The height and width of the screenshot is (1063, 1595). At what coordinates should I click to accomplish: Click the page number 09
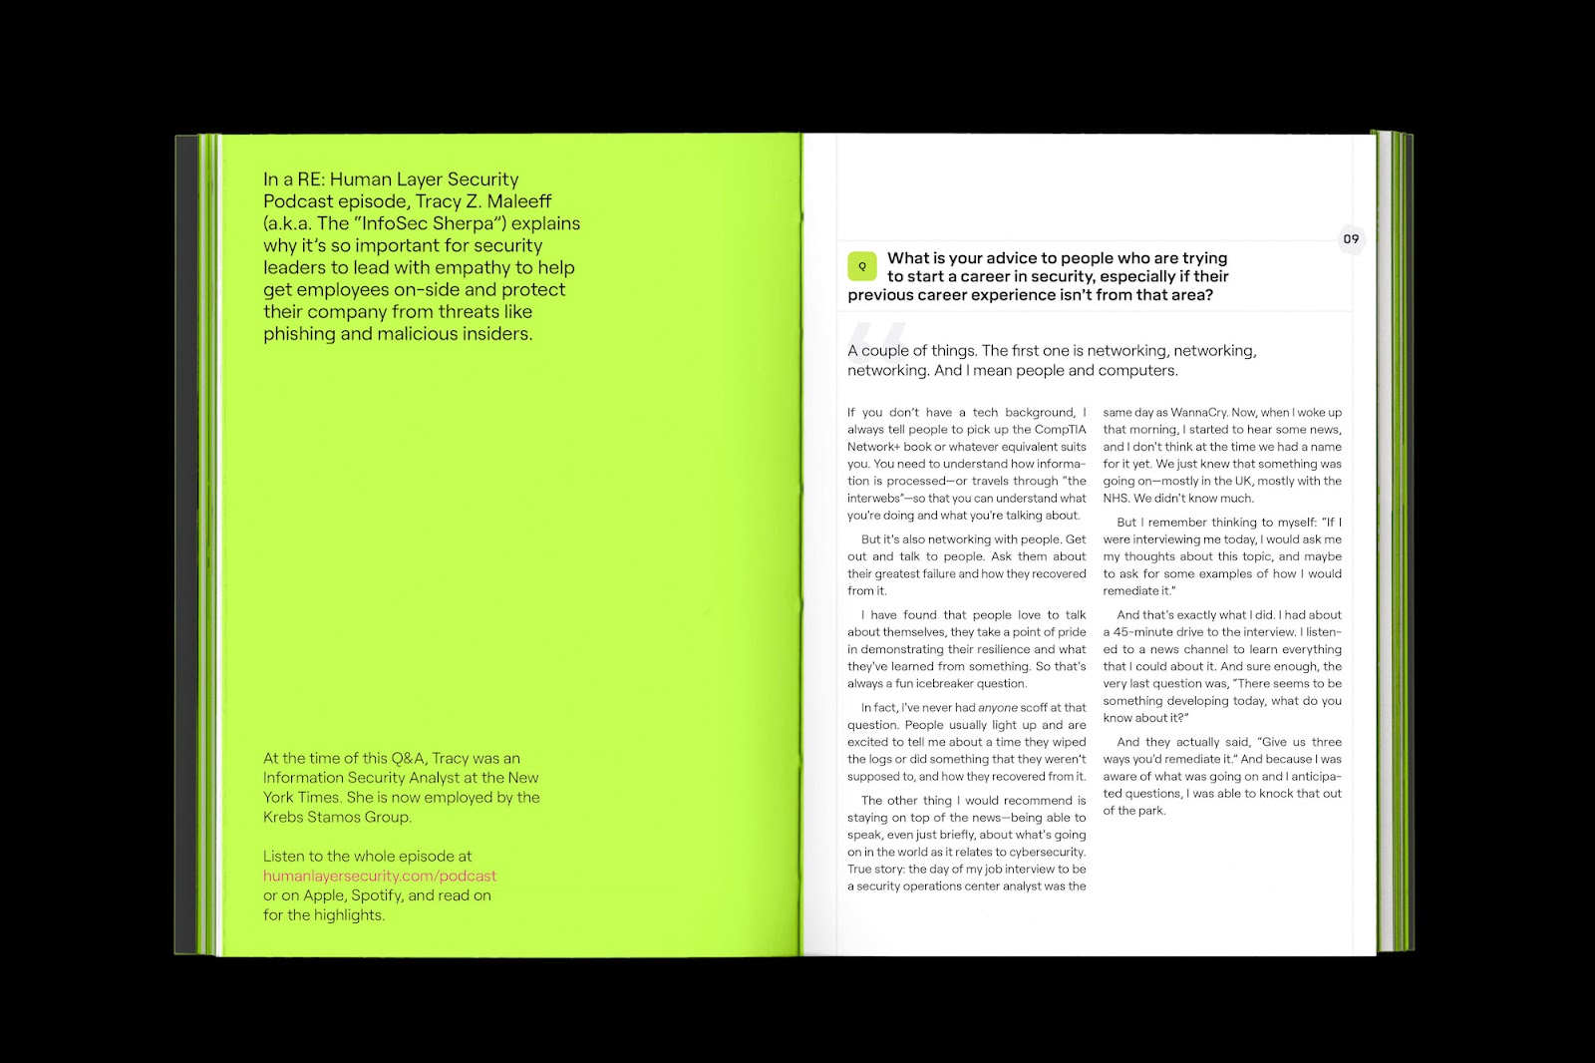pos(1351,239)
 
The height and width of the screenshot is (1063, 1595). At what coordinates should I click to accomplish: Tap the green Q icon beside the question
pos(862,266)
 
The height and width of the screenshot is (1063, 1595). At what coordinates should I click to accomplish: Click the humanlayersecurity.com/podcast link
pos(379,876)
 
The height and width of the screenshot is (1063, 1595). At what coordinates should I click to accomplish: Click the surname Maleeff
pos(519,201)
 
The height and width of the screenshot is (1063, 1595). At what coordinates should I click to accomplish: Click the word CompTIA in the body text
pos(1061,430)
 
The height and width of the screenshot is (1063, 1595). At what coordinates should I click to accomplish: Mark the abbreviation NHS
pos(1115,499)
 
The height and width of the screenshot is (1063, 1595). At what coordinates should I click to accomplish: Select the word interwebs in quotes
pos(875,499)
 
